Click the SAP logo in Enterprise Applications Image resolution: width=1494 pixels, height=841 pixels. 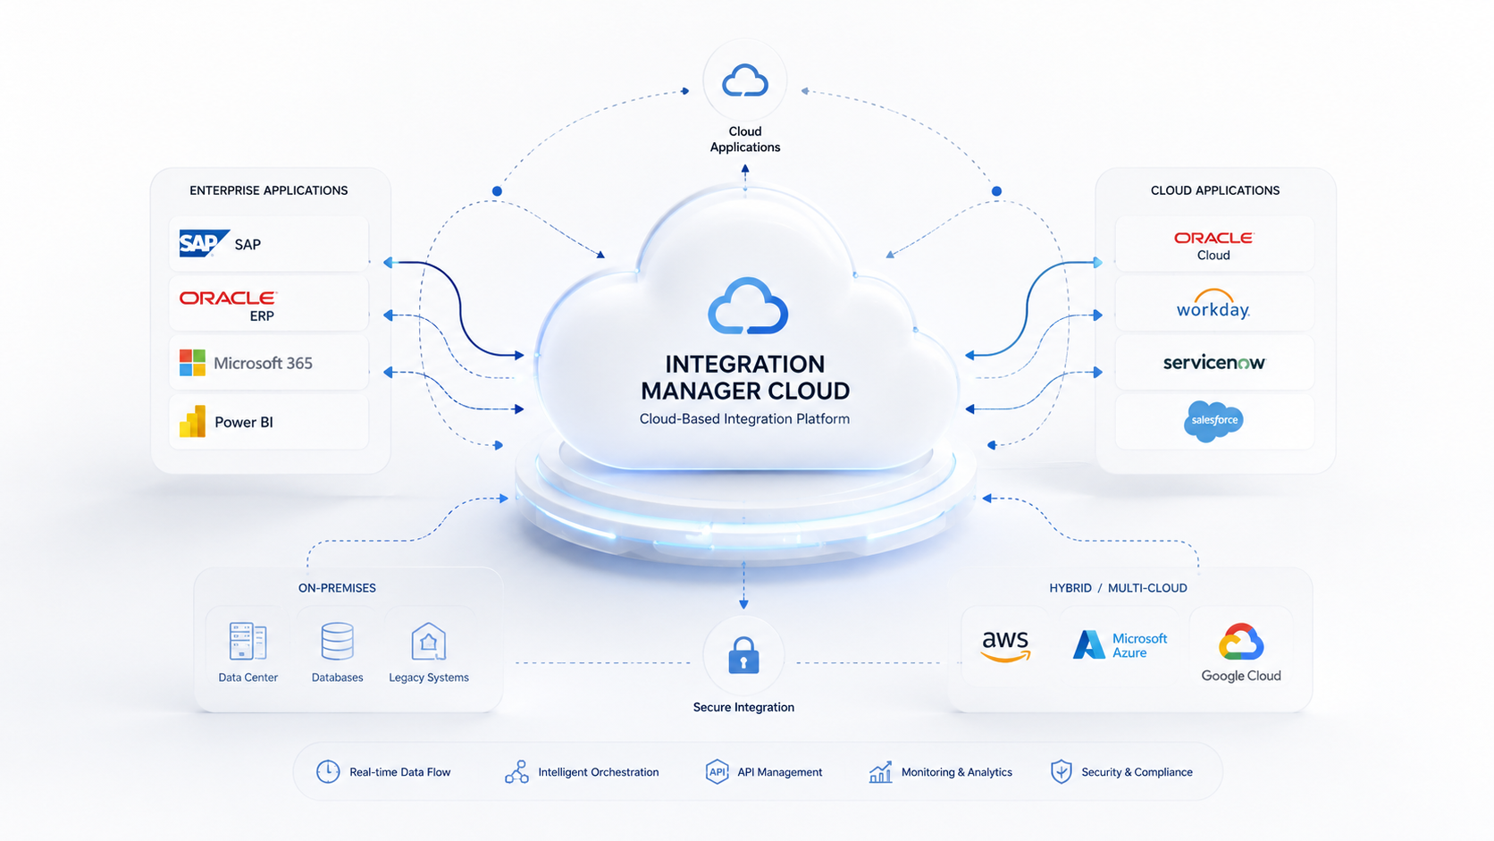(x=204, y=243)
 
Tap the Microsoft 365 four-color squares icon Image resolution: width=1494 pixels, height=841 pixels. (x=192, y=363)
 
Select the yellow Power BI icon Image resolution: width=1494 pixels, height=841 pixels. (x=192, y=422)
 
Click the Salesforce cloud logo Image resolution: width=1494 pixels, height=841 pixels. (x=1213, y=421)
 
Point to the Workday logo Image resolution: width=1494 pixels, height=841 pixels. (x=1213, y=304)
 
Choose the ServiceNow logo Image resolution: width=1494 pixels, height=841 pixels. (x=1213, y=363)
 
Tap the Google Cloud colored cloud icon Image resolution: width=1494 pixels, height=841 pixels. (x=1241, y=642)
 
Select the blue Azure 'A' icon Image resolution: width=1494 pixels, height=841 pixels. (x=1088, y=644)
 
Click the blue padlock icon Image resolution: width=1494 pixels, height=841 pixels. (x=743, y=655)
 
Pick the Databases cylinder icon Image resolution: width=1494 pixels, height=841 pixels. (x=338, y=641)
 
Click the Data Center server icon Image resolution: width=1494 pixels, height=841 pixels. (x=248, y=641)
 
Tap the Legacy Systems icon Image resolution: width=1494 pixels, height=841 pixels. (x=428, y=641)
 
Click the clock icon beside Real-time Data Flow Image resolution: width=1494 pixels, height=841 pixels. (x=328, y=771)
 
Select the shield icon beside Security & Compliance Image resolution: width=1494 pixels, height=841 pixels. (x=1062, y=771)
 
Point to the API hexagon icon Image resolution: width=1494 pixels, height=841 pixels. (x=717, y=771)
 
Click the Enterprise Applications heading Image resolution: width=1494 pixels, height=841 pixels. (x=269, y=190)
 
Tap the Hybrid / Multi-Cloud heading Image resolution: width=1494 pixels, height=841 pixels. (x=1119, y=588)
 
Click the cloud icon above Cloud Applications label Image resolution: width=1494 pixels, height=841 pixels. (x=745, y=80)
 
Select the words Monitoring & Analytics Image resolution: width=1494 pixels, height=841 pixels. (x=957, y=772)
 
